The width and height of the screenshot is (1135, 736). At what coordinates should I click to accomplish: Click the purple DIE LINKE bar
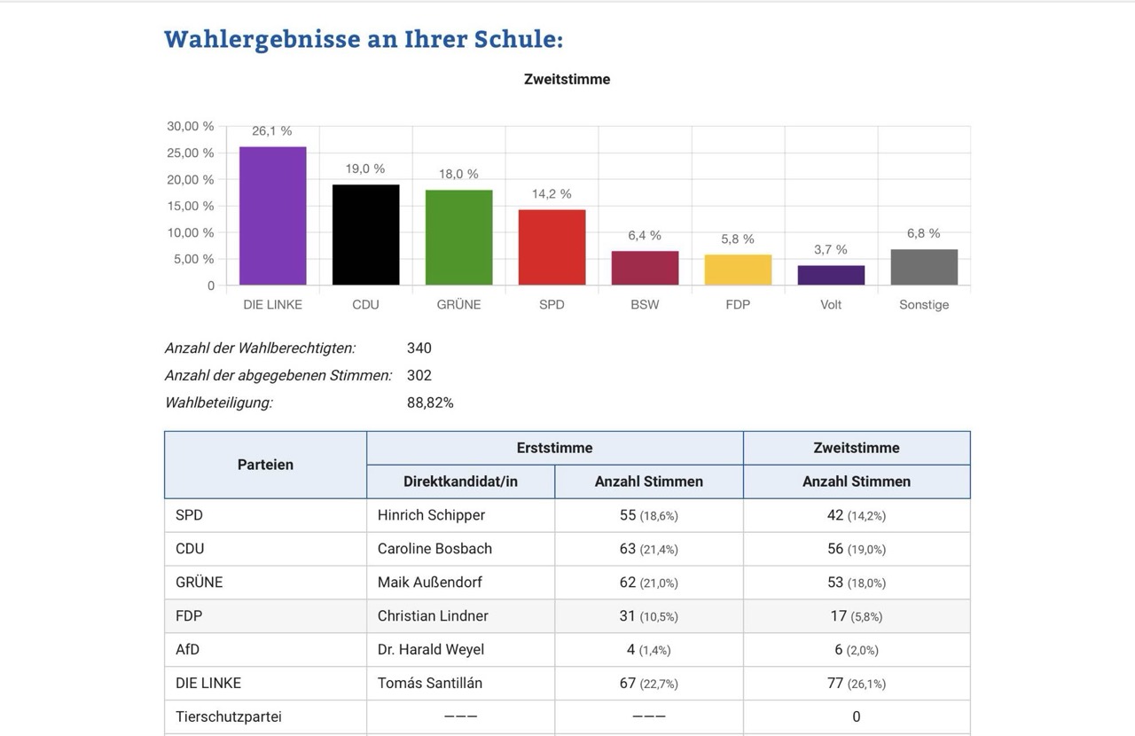click(x=273, y=216)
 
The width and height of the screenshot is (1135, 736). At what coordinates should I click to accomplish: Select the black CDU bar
click(x=365, y=235)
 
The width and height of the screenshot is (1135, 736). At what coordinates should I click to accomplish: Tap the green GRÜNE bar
click(x=458, y=238)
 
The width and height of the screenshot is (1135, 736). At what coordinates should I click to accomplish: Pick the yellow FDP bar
click(x=738, y=270)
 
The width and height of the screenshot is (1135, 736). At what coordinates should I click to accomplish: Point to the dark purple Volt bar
click(x=831, y=276)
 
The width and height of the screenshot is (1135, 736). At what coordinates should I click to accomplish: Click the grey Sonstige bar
click(x=924, y=268)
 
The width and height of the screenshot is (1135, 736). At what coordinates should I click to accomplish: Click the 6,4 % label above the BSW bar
click(x=645, y=235)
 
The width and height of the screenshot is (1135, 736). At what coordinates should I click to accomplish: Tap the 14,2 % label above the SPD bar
click(x=552, y=193)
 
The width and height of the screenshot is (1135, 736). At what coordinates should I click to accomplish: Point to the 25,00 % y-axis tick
click(x=191, y=153)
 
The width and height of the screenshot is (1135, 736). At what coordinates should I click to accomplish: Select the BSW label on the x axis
click(x=645, y=304)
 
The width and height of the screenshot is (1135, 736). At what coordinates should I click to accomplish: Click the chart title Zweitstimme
click(x=567, y=79)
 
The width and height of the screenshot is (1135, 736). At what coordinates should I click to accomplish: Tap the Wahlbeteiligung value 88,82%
click(x=430, y=403)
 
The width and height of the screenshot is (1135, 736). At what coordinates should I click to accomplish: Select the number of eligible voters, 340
click(x=419, y=348)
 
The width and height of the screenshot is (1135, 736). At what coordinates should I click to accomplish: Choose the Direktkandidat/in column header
click(x=460, y=482)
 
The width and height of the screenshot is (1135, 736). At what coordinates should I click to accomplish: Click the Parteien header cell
click(x=265, y=465)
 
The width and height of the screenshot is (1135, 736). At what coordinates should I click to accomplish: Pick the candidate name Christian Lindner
click(x=433, y=615)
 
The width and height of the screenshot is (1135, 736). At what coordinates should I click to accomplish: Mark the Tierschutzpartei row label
click(x=229, y=716)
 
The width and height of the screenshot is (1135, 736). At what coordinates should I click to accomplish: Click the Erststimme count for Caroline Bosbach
click(x=648, y=549)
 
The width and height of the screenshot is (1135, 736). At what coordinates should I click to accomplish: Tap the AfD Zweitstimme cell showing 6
click(x=856, y=650)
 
